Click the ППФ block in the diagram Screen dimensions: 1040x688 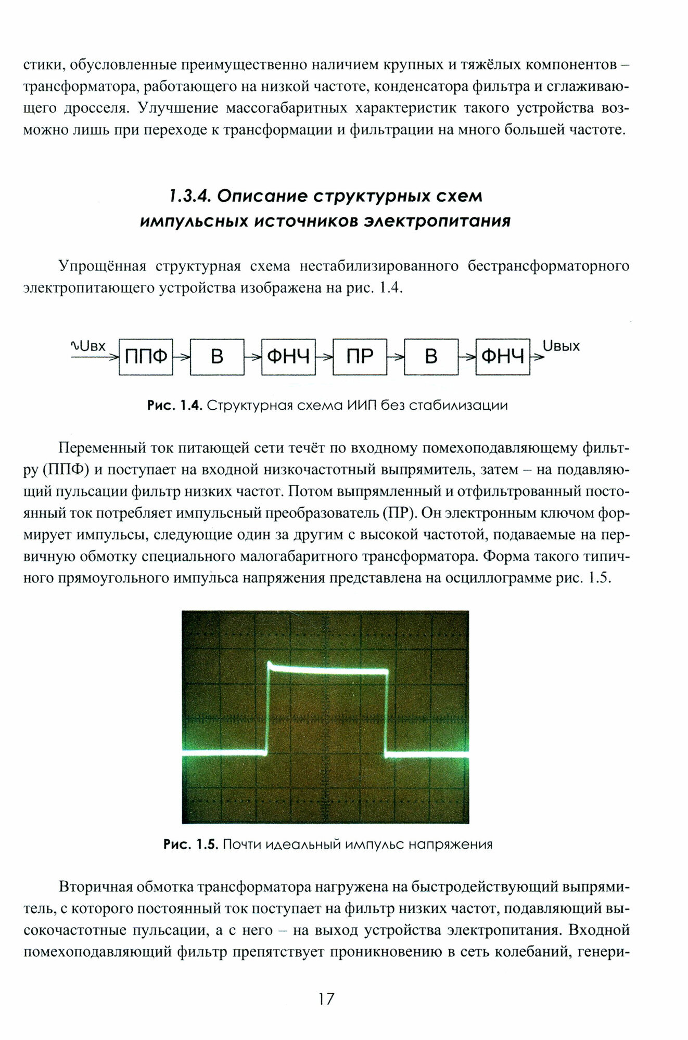[x=146, y=357]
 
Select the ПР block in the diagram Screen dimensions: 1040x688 [x=360, y=357]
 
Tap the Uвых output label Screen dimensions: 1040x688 [x=560, y=346]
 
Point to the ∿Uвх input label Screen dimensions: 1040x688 [x=88, y=346]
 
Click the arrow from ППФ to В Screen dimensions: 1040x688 [x=181, y=357]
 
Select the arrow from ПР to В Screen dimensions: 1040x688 [x=396, y=357]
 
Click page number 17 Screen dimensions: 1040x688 [x=326, y=999]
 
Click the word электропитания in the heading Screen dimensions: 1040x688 [x=437, y=222]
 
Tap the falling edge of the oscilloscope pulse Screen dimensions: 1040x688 [x=386, y=712]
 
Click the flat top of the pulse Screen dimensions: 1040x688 [x=328, y=671]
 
